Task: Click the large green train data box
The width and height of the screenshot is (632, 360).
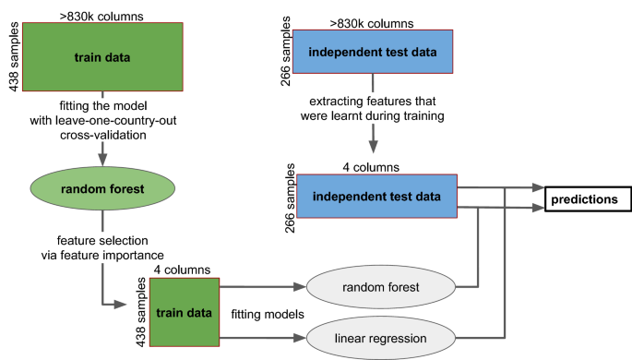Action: [101, 56]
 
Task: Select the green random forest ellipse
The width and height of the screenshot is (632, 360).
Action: [101, 191]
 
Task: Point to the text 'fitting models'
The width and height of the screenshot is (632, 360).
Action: [268, 314]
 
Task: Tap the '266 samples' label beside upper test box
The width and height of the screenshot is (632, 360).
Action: [285, 51]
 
